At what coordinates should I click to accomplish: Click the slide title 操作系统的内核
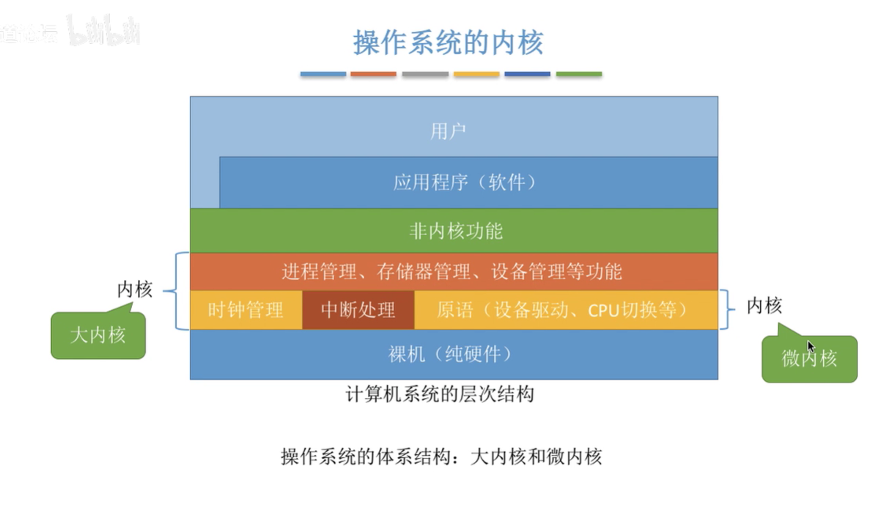click(x=448, y=43)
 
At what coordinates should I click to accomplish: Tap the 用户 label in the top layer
click(x=448, y=131)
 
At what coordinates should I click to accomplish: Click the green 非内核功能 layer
click(x=454, y=231)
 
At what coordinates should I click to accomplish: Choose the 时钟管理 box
click(x=246, y=310)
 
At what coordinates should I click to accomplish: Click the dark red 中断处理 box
click(x=358, y=310)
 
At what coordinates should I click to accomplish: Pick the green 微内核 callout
click(x=809, y=359)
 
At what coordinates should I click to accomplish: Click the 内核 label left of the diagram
click(x=135, y=289)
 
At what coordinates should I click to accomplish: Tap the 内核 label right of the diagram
click(x=764, y=306)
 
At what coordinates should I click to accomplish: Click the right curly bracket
click(x=726, y=309)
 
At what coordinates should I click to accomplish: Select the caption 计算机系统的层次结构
click(x=440, y=394)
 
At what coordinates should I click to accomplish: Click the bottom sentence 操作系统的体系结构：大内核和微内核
click(x=441, y=457)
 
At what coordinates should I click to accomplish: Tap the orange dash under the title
click(x=373, y=75)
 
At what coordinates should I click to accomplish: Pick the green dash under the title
click(x=578, y=75)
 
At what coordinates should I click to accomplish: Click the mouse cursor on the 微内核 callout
click(x=811, y=347)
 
